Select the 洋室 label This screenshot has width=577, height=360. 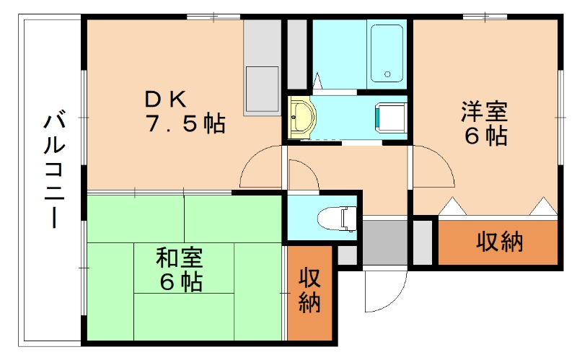tap(485, 112)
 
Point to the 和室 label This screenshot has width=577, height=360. tap(180, 256)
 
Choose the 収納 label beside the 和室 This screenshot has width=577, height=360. tap(310, 290)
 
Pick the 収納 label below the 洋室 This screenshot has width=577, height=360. tap(498, 242)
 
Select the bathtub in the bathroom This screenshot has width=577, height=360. tap(387, 55)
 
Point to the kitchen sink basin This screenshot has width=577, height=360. tap(261, 87)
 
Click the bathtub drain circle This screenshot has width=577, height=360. tap(387, 74)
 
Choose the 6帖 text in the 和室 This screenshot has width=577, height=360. tap(180, 281)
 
